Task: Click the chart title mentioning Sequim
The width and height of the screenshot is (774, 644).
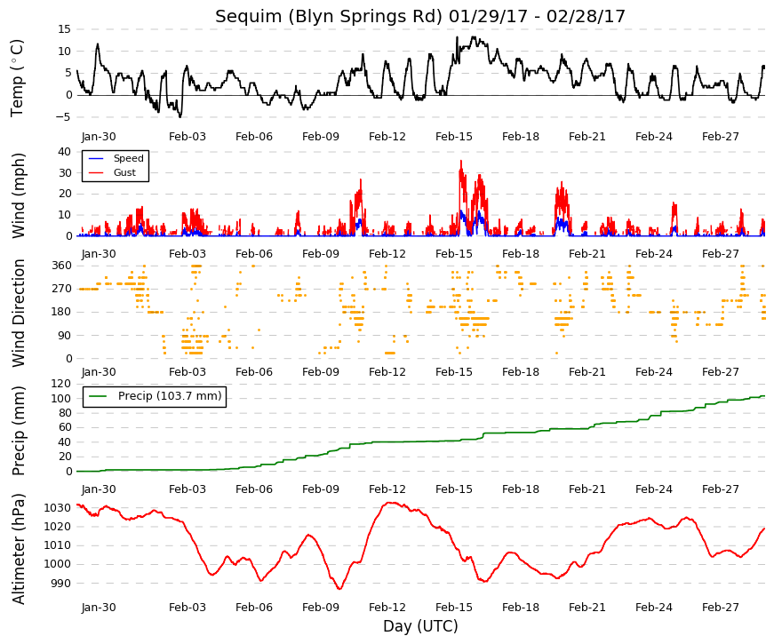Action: pos(420,16)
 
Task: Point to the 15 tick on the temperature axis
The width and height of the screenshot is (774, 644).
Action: pos(64,29)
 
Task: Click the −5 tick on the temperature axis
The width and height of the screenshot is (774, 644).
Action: pos(64,117)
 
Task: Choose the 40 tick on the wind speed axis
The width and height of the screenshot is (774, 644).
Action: pos(65,152)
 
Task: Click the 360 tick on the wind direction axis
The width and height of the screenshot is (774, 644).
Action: pos(61,266)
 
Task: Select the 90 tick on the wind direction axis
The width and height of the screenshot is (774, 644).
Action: pos(65,336)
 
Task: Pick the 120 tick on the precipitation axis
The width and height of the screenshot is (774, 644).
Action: pos(61,384)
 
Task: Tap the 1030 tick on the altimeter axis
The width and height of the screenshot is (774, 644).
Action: pos(57,508)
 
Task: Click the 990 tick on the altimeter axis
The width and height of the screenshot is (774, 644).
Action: pos(60,583)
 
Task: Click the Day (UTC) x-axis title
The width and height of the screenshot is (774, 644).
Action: pos(420,626)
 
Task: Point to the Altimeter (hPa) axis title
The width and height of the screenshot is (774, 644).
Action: pos(18,548)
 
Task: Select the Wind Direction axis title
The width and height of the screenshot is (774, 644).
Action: pos(18,313)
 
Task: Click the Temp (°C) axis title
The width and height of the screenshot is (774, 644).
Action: pos(17,78)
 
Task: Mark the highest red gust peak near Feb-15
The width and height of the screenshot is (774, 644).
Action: pos(461,161)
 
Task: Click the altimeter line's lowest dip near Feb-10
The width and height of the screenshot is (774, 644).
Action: pos(339,588)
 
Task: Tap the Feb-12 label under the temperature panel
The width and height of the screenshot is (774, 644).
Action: pos(387,137)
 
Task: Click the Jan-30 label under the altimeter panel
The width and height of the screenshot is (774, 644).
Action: pos(99,608)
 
